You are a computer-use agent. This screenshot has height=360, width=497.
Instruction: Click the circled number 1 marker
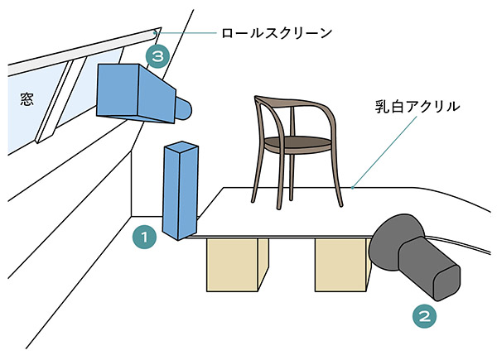[x=145, y=238]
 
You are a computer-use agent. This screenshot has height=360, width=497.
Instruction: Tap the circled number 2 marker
[x=423, y=314]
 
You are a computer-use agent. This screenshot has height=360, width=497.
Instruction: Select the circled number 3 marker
[x=157, y=56]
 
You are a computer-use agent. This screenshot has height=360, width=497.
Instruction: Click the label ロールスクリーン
[x=276, y=34]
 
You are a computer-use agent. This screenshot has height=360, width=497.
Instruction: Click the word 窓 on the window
[x=25, y=99]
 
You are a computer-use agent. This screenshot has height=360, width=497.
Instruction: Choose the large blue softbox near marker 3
[x=133, y=91]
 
